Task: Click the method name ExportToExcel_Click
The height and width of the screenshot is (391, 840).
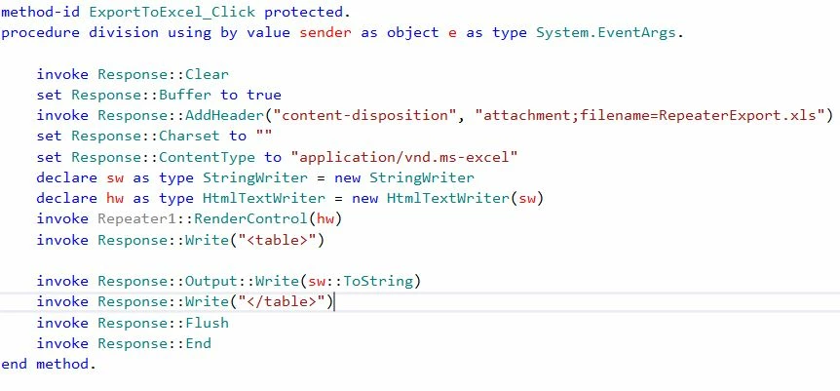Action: click(172, 12)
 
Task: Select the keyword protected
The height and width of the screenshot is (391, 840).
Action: click(304, 12)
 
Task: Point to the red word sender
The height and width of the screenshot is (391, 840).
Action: click(325, 33)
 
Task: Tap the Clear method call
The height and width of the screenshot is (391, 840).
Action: click(207, 74)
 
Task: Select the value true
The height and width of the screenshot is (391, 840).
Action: click(263, 95)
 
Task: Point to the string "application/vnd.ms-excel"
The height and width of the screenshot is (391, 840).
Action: click(404, 157)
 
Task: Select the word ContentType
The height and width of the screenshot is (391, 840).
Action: click(207, 157)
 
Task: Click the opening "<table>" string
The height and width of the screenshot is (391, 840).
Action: click(277, 240)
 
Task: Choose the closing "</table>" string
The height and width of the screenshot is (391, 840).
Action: click(282, 301)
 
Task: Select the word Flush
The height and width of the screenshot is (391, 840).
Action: click(207, 323)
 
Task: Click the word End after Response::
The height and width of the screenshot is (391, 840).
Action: click(198, 343)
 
